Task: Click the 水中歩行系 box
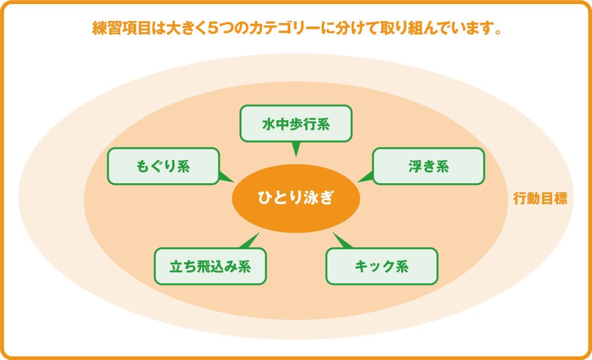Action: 295,123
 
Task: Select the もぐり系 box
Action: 163,166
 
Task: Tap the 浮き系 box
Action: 428,166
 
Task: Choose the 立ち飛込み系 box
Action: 210,266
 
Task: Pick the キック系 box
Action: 382,266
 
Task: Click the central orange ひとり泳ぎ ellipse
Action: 295,198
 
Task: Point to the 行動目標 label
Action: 540,199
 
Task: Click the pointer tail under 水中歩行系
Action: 295,149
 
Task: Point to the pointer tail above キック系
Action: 341,241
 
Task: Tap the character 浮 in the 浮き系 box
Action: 414,166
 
